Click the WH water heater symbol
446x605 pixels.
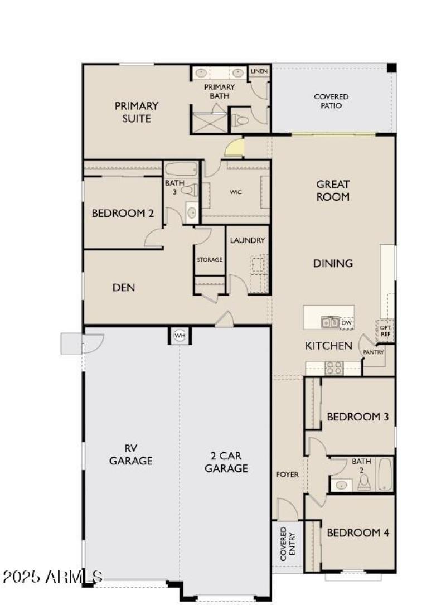179,336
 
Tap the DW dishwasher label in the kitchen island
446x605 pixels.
346,322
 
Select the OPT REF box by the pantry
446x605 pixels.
385,330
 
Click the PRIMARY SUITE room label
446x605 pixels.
137,112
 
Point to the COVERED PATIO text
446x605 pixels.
331,101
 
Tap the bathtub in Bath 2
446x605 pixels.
385,475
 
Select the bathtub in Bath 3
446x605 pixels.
181,169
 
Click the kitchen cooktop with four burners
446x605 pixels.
334,368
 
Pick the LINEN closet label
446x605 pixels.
259,71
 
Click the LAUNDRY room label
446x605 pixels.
248,240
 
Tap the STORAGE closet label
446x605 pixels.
210,260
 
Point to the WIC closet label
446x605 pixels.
236,192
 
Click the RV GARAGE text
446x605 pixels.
131,454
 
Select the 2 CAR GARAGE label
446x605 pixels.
226,462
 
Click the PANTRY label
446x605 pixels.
373,352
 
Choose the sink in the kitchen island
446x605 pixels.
329,322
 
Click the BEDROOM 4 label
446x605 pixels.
357,533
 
